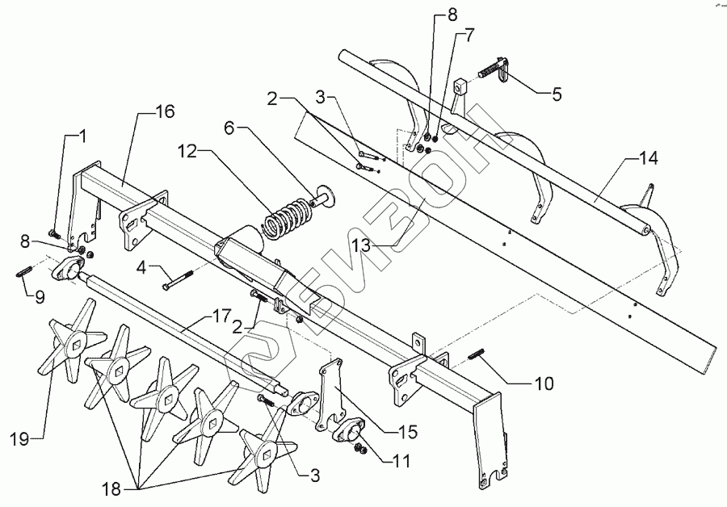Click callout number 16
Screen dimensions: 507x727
[x=165, y=114]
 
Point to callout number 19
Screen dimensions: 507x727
[x=20, y=439]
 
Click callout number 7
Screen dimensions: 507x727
[x=469, y=36]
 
